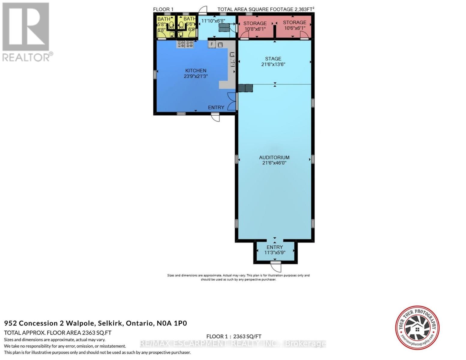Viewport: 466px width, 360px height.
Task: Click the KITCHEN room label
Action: click(196, 70)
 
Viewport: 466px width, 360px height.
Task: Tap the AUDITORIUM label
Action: click(274, 157)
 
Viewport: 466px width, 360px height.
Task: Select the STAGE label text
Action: click(273, 58)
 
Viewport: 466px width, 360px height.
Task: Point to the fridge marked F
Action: click(212, 44)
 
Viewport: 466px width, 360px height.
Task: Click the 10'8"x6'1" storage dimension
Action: click(255, 29)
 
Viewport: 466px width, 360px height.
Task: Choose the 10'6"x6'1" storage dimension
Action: click(294, 28)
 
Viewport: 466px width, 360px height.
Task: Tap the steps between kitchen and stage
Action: click(245, 88)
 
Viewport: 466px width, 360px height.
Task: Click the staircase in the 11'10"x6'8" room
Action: click(224, 28)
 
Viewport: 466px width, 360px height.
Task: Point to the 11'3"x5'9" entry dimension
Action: click(275, 253)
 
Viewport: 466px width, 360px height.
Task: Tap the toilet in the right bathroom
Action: click(181, 25)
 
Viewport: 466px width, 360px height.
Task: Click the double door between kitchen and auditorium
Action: click(232, 101)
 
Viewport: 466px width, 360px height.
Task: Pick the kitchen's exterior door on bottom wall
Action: click(215, 117)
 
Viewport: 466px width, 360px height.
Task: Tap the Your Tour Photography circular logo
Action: click(417, 327)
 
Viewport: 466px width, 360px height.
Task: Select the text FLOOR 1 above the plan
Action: click(163, 9)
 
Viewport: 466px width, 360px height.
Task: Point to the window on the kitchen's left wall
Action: click(155, 74)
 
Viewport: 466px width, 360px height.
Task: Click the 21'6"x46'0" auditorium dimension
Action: click(274, 163)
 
